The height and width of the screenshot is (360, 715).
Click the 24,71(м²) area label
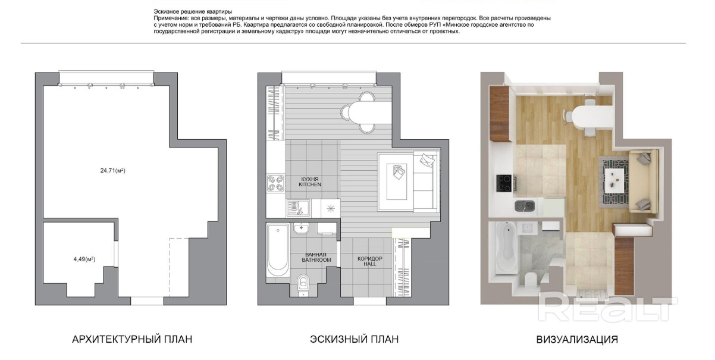112,171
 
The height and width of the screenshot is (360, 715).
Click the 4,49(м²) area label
84,259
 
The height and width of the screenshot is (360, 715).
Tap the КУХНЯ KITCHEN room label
310,181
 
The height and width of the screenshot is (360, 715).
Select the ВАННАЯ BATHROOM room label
316,258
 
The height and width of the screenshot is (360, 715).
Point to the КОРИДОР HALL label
369,261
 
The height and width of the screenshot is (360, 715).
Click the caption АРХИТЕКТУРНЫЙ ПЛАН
132,339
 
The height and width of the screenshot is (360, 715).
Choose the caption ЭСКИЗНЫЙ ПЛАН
354,339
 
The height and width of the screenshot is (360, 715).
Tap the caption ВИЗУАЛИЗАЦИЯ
577,339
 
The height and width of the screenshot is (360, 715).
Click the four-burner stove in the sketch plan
276,183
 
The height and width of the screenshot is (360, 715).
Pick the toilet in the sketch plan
303,285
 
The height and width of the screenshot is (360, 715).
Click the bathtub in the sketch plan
278,250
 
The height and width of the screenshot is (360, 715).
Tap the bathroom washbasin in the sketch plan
301,228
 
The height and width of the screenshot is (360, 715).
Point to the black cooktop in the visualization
504,183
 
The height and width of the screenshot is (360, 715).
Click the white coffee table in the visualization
614,180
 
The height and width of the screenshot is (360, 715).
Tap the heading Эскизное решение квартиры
193,12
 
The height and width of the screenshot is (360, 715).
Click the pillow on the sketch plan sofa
428,159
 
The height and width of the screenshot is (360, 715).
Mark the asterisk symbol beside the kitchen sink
331,209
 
